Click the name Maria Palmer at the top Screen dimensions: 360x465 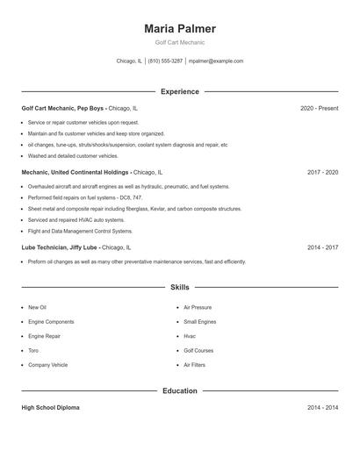[x=179, y=29]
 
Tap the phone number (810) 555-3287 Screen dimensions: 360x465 [x=165, y=61]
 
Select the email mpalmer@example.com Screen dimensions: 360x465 [x=216, y=61]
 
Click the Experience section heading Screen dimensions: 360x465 [x=179, y=91]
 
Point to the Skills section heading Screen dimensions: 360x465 [x=179, y=287]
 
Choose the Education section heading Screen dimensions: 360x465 [x=179, y=390]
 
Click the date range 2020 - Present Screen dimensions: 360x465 [x=319, y=108]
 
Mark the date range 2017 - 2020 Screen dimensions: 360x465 [x=322, y=173]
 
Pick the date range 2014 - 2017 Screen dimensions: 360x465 [x=322, y=247]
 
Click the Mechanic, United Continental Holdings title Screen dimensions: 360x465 [x=75, y=173]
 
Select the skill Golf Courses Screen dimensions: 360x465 [x=198, y=350]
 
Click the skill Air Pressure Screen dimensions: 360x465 [x=198, y=308]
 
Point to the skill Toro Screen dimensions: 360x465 [x=33, y=350]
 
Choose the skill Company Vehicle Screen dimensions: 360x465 [x=47, y=365]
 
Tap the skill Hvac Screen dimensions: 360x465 [x=190, y=336]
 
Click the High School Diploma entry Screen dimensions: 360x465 [x=51, y=408]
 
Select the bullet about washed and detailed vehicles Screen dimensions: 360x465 [x=73, y=156]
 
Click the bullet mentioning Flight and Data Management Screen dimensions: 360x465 [x=80, y=232]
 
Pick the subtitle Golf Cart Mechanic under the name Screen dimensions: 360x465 [x=179, y=43]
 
